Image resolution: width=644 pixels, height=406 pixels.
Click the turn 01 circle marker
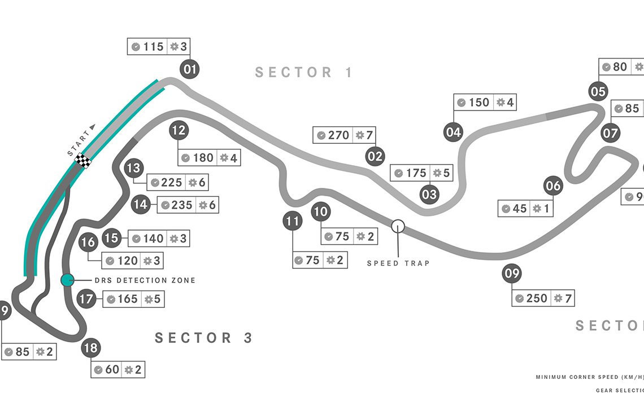(x=190, y=70)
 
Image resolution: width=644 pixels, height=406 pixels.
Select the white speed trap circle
(x=398, y=226)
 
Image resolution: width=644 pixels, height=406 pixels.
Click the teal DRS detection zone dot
(x=67, y=280)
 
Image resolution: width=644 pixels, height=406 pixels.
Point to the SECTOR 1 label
(x=304, y=72)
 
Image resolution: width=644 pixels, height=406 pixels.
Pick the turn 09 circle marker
(x=512, y=275)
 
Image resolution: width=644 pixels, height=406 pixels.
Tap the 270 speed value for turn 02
(x=339, y=135)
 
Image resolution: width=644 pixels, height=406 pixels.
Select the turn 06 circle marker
(x=554, y=186)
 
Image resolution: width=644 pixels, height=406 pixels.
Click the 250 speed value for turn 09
(x=537, y=298)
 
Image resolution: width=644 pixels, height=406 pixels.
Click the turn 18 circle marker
(x=90, y=348)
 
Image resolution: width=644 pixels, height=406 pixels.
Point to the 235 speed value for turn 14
(x=182, y=205)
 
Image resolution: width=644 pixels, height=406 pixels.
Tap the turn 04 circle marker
(x=454, y=133)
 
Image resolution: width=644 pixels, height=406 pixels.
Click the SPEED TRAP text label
(x=398, y=263)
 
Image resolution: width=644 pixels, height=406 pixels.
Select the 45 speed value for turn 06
(x=520, y=209)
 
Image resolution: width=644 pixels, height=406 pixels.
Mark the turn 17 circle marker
(x=86, y=299)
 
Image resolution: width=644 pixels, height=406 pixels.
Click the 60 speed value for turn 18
(x=112, y=370)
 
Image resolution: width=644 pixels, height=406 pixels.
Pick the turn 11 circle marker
(x=292, y=222)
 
